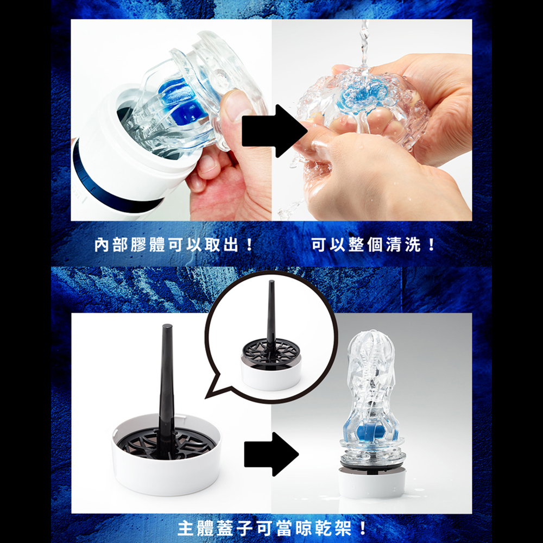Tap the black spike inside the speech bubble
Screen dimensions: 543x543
pos(271,315)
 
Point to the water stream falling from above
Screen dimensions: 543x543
pos(363,43)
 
